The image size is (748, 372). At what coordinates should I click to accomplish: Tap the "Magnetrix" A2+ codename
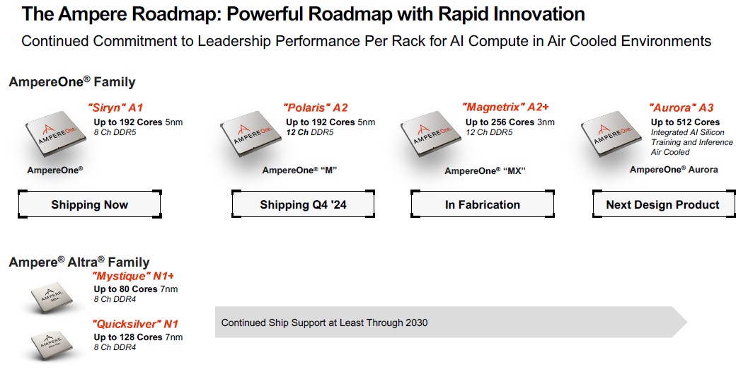(x=506, y=107)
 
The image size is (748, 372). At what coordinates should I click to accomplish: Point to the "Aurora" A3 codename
(x=681, y=107)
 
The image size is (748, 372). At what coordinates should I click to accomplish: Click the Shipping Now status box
(x=90, y=204)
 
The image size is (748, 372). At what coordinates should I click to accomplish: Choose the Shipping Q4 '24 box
(x=303, y=204)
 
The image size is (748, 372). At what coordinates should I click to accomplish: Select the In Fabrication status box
(x=483, y=204)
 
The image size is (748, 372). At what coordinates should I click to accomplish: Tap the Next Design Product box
(x=663, y=204)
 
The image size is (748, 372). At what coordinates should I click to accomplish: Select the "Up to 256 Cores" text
(x=500, y=122)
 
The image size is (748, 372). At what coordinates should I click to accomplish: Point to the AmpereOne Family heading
(x=72, y=81)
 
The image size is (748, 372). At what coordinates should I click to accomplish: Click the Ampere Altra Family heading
(x=79, y=262)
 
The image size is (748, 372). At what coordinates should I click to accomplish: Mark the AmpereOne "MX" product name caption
(x=485, y=170)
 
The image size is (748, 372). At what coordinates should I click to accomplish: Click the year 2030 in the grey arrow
(x=416, y=323)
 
